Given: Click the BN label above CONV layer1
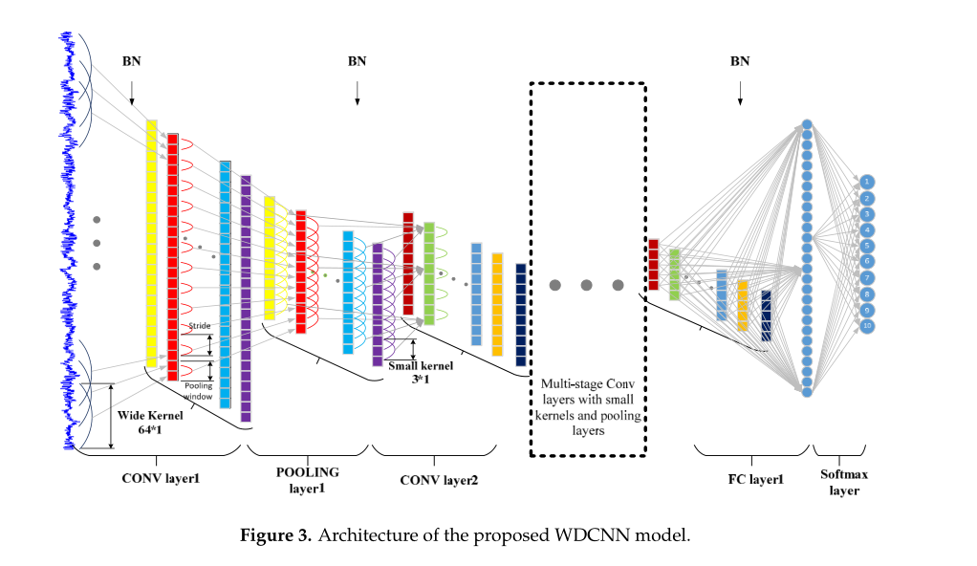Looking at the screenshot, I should click(x=132, y=62).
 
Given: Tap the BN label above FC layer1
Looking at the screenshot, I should click(x=740, y=61).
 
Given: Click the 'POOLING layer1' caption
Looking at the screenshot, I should click(x=308, y=480).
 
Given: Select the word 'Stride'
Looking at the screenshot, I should click(x=199, y=327).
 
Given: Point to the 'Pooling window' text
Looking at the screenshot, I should click(x=199, y=390).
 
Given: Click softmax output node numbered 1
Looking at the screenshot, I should click(x=866, y=181).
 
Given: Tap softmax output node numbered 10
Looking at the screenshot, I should click(x=866, y=326).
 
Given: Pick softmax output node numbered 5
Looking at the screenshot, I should click(x=866, y=245).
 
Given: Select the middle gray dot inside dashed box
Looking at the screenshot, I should click(x=586, y=285).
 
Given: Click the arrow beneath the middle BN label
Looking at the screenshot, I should click(x=358, y=92).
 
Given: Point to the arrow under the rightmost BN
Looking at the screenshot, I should click(x=740, y=92).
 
